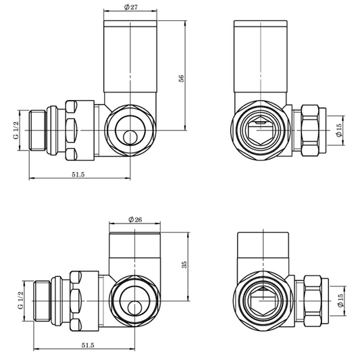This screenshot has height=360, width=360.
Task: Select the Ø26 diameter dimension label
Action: pyautogui.click(x=134, y=220)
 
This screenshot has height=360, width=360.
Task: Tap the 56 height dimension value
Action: pyautogui.click(x=181, y=78)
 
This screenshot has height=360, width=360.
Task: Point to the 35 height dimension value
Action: pyautogui.click(x=184, y=265)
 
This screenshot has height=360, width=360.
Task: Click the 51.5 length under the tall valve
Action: pyautogui.click(x=78, y=175)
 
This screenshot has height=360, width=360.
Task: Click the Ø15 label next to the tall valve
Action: pyautogui.click(x=341, y=129)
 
